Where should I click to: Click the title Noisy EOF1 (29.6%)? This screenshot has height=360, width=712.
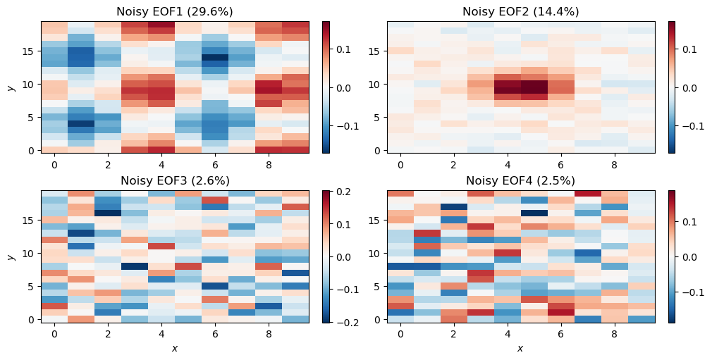(x=174, y=11)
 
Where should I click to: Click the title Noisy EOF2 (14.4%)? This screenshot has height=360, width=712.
(x=520, y=11)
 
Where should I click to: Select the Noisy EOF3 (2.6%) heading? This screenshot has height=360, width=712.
(x=174, y=180)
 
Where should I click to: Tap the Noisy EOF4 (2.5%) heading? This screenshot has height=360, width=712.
(x=520, y=180)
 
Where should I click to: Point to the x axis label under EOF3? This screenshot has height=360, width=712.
(x=174, y=348)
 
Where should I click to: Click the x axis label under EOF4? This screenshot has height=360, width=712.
(x=520, y=348)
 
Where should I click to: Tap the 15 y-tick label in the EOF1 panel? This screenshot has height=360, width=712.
(x=30, y=51)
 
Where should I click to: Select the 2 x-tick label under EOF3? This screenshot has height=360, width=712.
(x=108, y=334)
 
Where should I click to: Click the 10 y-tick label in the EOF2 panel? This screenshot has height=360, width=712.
(x=376, y=84)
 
